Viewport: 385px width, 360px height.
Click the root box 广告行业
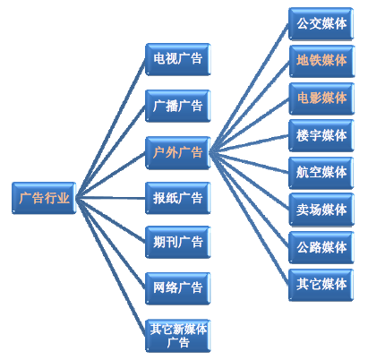pos(44,198)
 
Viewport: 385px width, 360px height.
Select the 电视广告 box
pos(178,59)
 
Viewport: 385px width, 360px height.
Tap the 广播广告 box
pos(178,106)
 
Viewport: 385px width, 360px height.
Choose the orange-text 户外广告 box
pos(178,153)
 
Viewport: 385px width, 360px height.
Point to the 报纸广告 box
pos(178,198)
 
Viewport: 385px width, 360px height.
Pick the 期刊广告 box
pos(178,242)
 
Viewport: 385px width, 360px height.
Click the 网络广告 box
pos(178,288)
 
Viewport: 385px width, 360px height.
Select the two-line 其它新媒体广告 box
pos(178,336)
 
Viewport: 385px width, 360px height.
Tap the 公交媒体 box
pos(321,24)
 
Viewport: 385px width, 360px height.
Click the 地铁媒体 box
pos(321,61)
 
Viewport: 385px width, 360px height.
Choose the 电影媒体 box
pos(321,99)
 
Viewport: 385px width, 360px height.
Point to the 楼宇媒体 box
pos(321,136)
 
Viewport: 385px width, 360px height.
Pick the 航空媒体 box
pos(321,173)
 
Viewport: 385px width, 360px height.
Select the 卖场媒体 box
pos(321,210)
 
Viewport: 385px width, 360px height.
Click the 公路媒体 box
pos(321,247)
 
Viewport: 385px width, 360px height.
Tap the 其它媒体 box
pos(321,285)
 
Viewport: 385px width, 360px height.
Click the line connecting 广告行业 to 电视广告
pos(111,129)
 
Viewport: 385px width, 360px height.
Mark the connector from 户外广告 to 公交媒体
pos(249,89)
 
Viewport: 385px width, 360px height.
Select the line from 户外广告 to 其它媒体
pos(249,219)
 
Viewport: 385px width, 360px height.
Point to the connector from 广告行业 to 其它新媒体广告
pos(111,267)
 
